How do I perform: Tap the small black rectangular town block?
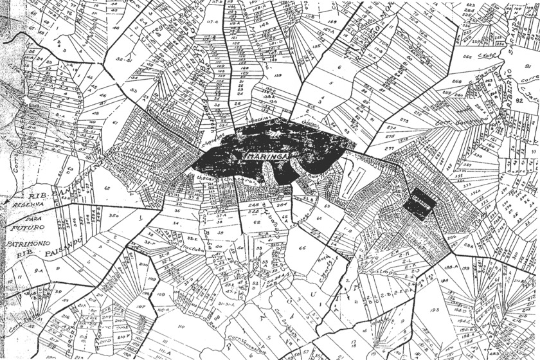(420, 204)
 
